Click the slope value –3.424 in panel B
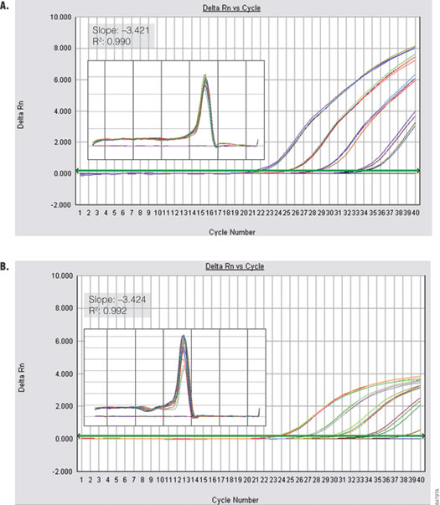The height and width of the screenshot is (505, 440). click(x=131, y=298)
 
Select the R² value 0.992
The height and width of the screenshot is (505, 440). click(x=122, y=310)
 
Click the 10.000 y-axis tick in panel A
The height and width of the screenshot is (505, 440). click(x=58, y=17)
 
